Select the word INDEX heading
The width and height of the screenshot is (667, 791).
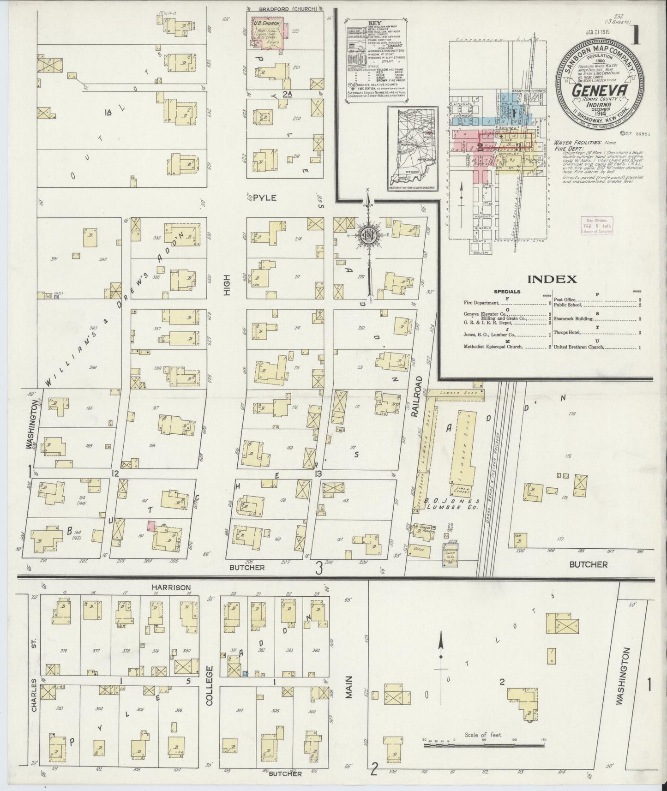tap(552, 279)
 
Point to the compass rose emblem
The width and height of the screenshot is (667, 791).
tap(368, 234)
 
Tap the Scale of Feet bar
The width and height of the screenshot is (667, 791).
tap(483, 745)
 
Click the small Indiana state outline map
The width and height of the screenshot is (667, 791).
tap(412, 147)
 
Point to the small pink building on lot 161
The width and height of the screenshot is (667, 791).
tap(150, 525)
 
